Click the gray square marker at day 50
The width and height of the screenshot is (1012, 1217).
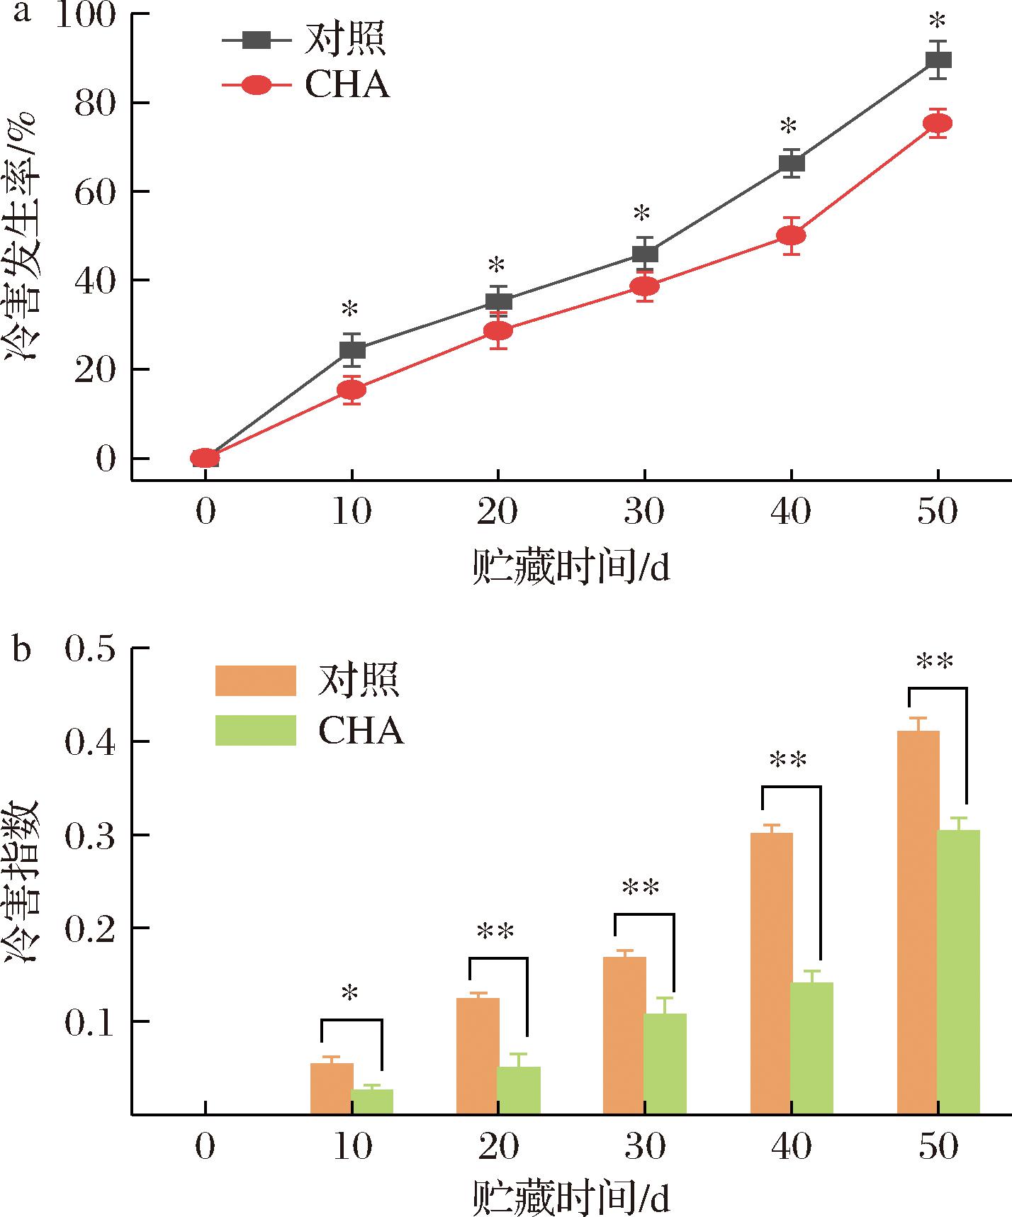[938, 60]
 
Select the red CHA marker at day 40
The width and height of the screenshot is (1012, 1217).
[791, 235]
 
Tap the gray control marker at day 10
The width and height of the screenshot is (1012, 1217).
[352, 349]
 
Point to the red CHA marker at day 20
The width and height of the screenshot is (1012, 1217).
[498, 331]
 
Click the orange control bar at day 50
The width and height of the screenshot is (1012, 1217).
[918, 921]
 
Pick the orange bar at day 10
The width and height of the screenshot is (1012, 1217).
[332, 1088]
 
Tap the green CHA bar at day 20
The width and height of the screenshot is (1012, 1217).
[519, 1090]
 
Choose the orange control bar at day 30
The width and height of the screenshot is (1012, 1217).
[624, 1035]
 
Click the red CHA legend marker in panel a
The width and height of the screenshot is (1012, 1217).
[257, 86]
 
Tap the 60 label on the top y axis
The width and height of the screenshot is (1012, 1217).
[94, 192]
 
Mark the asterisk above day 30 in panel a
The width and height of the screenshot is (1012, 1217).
[642, 213]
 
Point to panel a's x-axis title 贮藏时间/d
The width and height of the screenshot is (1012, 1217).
[570, 568]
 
